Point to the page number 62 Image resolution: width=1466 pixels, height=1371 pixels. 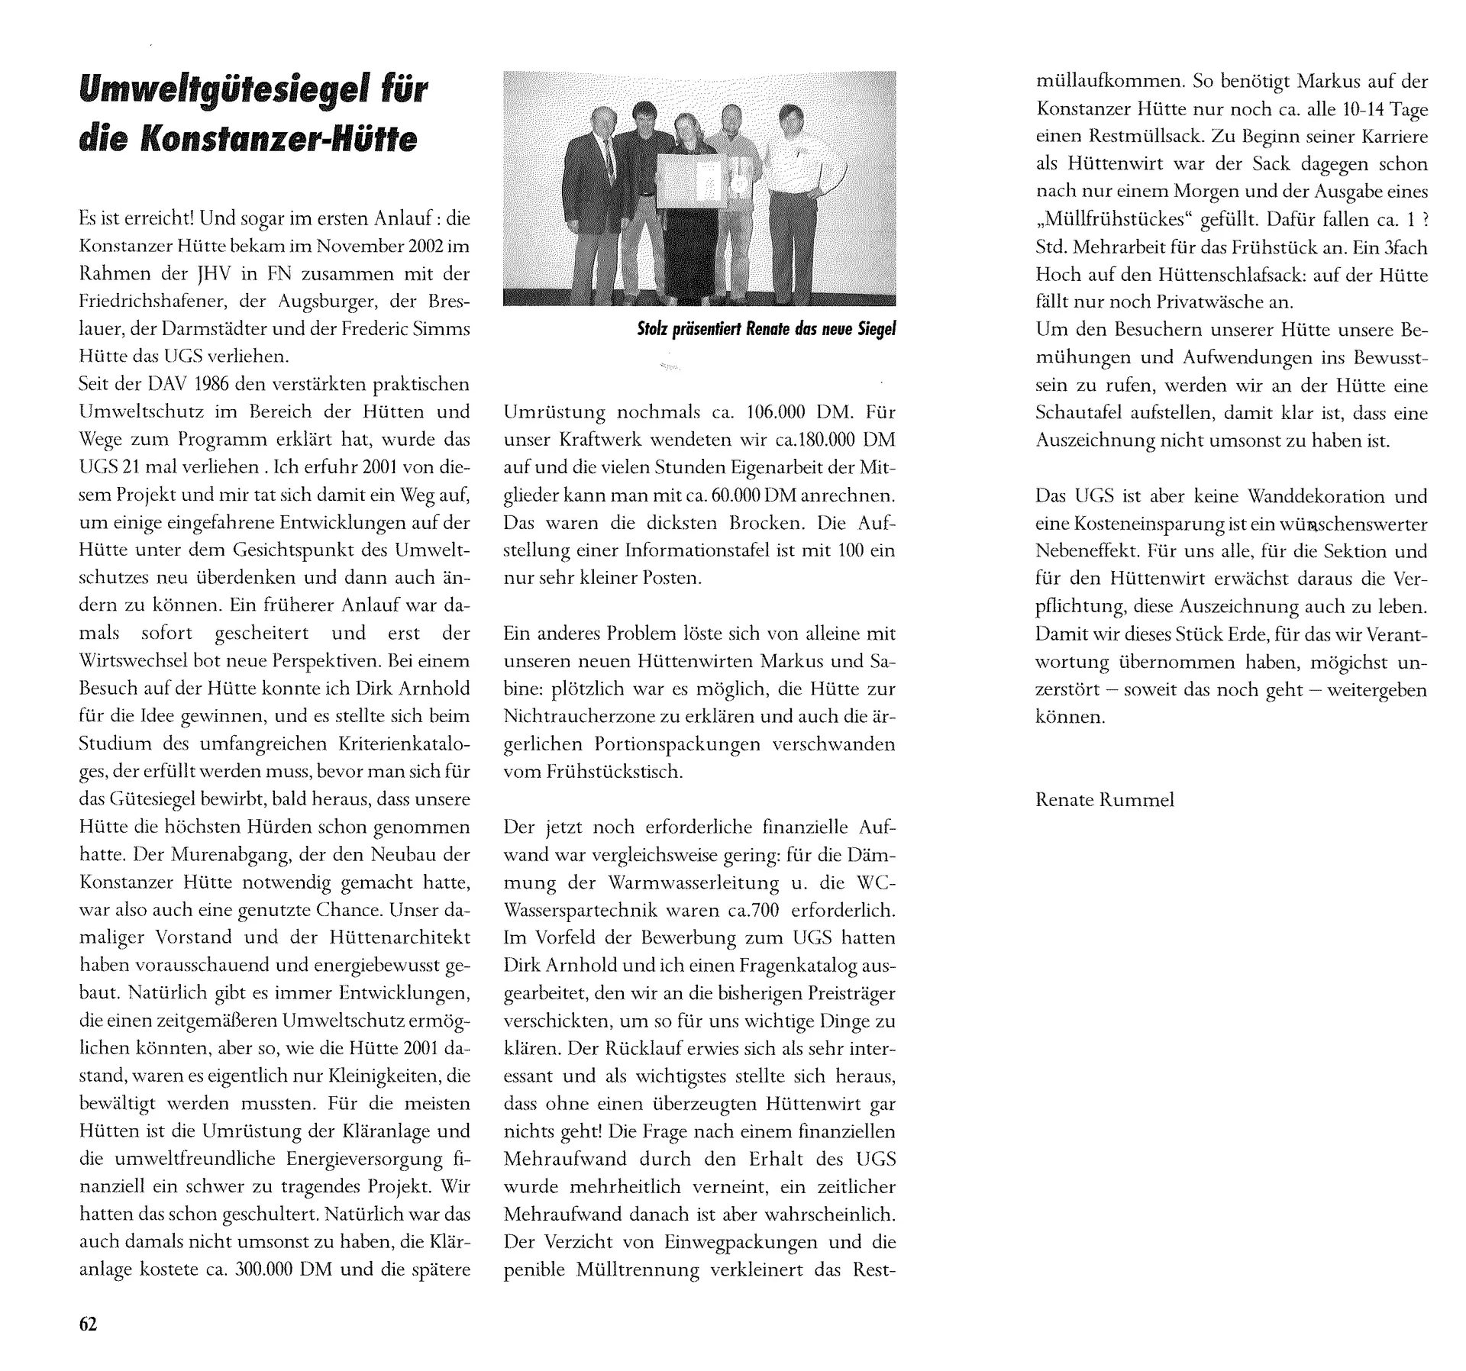[x=89, y=1324]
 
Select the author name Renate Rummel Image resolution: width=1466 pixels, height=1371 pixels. [x=1105, y=800]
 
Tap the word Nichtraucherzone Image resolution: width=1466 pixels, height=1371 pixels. [x=591, y=717]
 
